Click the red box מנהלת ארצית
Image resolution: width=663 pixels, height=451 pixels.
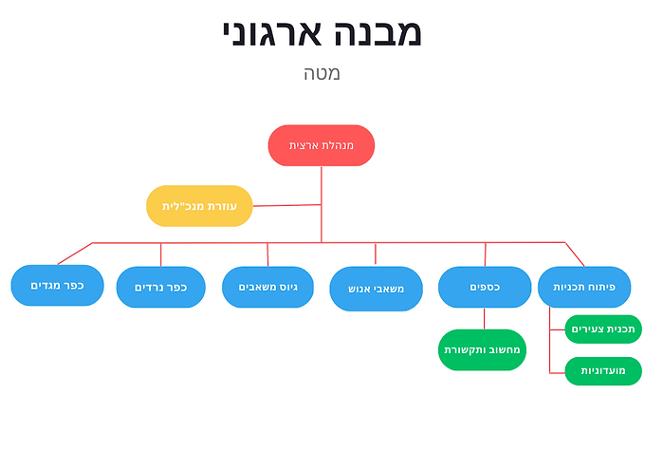pos(321,145)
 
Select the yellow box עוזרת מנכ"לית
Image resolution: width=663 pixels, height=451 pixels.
pos(199,206)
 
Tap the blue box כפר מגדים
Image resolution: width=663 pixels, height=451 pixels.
pos(58,286)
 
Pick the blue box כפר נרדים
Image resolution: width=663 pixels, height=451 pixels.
pos(160,287)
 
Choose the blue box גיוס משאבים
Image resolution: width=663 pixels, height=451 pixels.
pos(267,287)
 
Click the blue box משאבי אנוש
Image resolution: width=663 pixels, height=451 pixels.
pos(376,289)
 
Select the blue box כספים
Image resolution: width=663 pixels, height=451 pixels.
pos(485,287)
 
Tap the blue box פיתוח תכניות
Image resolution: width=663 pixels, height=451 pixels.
pos(584,287)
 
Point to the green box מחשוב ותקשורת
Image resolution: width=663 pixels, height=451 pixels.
pos(484,349)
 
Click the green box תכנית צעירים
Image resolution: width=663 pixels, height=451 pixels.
pos(603,329)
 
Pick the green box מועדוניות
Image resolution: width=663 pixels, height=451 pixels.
pos(603,370)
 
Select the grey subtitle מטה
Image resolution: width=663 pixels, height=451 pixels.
pos(322,73)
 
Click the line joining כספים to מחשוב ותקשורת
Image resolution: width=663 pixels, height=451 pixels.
pos(485,318)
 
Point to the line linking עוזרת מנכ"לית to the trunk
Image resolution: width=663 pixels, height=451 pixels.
pos(286,205)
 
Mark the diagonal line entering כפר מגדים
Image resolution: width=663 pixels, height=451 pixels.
pos(75,254)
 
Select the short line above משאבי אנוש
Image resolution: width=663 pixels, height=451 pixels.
pos(376,254)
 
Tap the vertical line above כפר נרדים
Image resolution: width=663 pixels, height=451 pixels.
pos(160,254)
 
